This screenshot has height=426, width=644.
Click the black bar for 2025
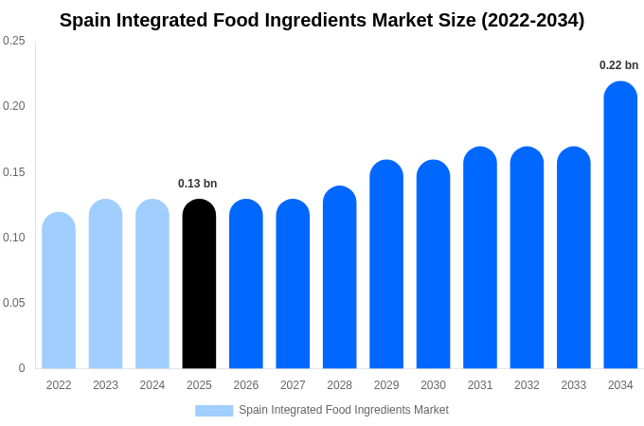coord(199,284)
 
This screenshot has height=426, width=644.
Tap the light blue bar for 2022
coord(59,291)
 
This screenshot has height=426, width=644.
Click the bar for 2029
coord(386,264)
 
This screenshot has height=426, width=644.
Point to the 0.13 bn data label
coord(197,184)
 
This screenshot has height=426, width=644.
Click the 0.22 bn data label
coord(618,65)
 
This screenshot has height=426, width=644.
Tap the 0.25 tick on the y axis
coord(14,41)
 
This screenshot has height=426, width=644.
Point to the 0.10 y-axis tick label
coord(14,238)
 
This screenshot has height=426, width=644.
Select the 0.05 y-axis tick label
coord(14,303)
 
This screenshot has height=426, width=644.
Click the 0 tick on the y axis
coord(22,368)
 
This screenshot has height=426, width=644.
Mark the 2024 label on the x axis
coord(152,385)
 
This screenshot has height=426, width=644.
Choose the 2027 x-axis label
coord(293,385)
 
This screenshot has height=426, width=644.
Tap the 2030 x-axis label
coord(433,385)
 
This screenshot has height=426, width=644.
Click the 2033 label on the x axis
coord(573,385)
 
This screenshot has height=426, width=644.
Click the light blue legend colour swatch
coord(214,410)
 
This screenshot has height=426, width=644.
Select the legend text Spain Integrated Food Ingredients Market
coord(343,410)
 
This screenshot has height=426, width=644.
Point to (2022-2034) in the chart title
coord(532,20)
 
